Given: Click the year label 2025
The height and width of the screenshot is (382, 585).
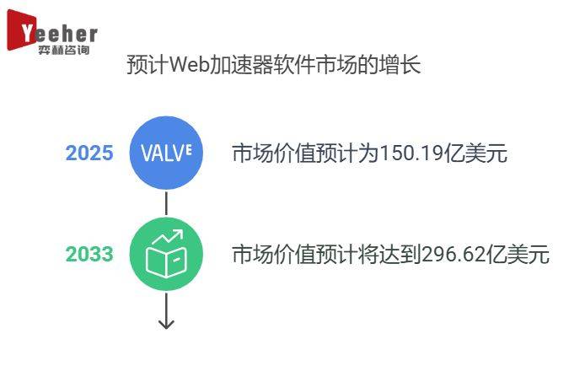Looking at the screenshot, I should pos(89,153).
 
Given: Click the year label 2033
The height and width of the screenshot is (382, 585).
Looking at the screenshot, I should pos(89,254).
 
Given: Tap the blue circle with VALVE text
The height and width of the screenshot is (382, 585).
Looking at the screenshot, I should pos(166,153).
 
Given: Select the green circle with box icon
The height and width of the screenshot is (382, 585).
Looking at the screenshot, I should pos(166,254).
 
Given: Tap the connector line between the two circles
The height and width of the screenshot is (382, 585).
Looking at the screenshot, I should pos(166,203).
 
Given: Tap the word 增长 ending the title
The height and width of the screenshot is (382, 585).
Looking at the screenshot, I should pos(405,65).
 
